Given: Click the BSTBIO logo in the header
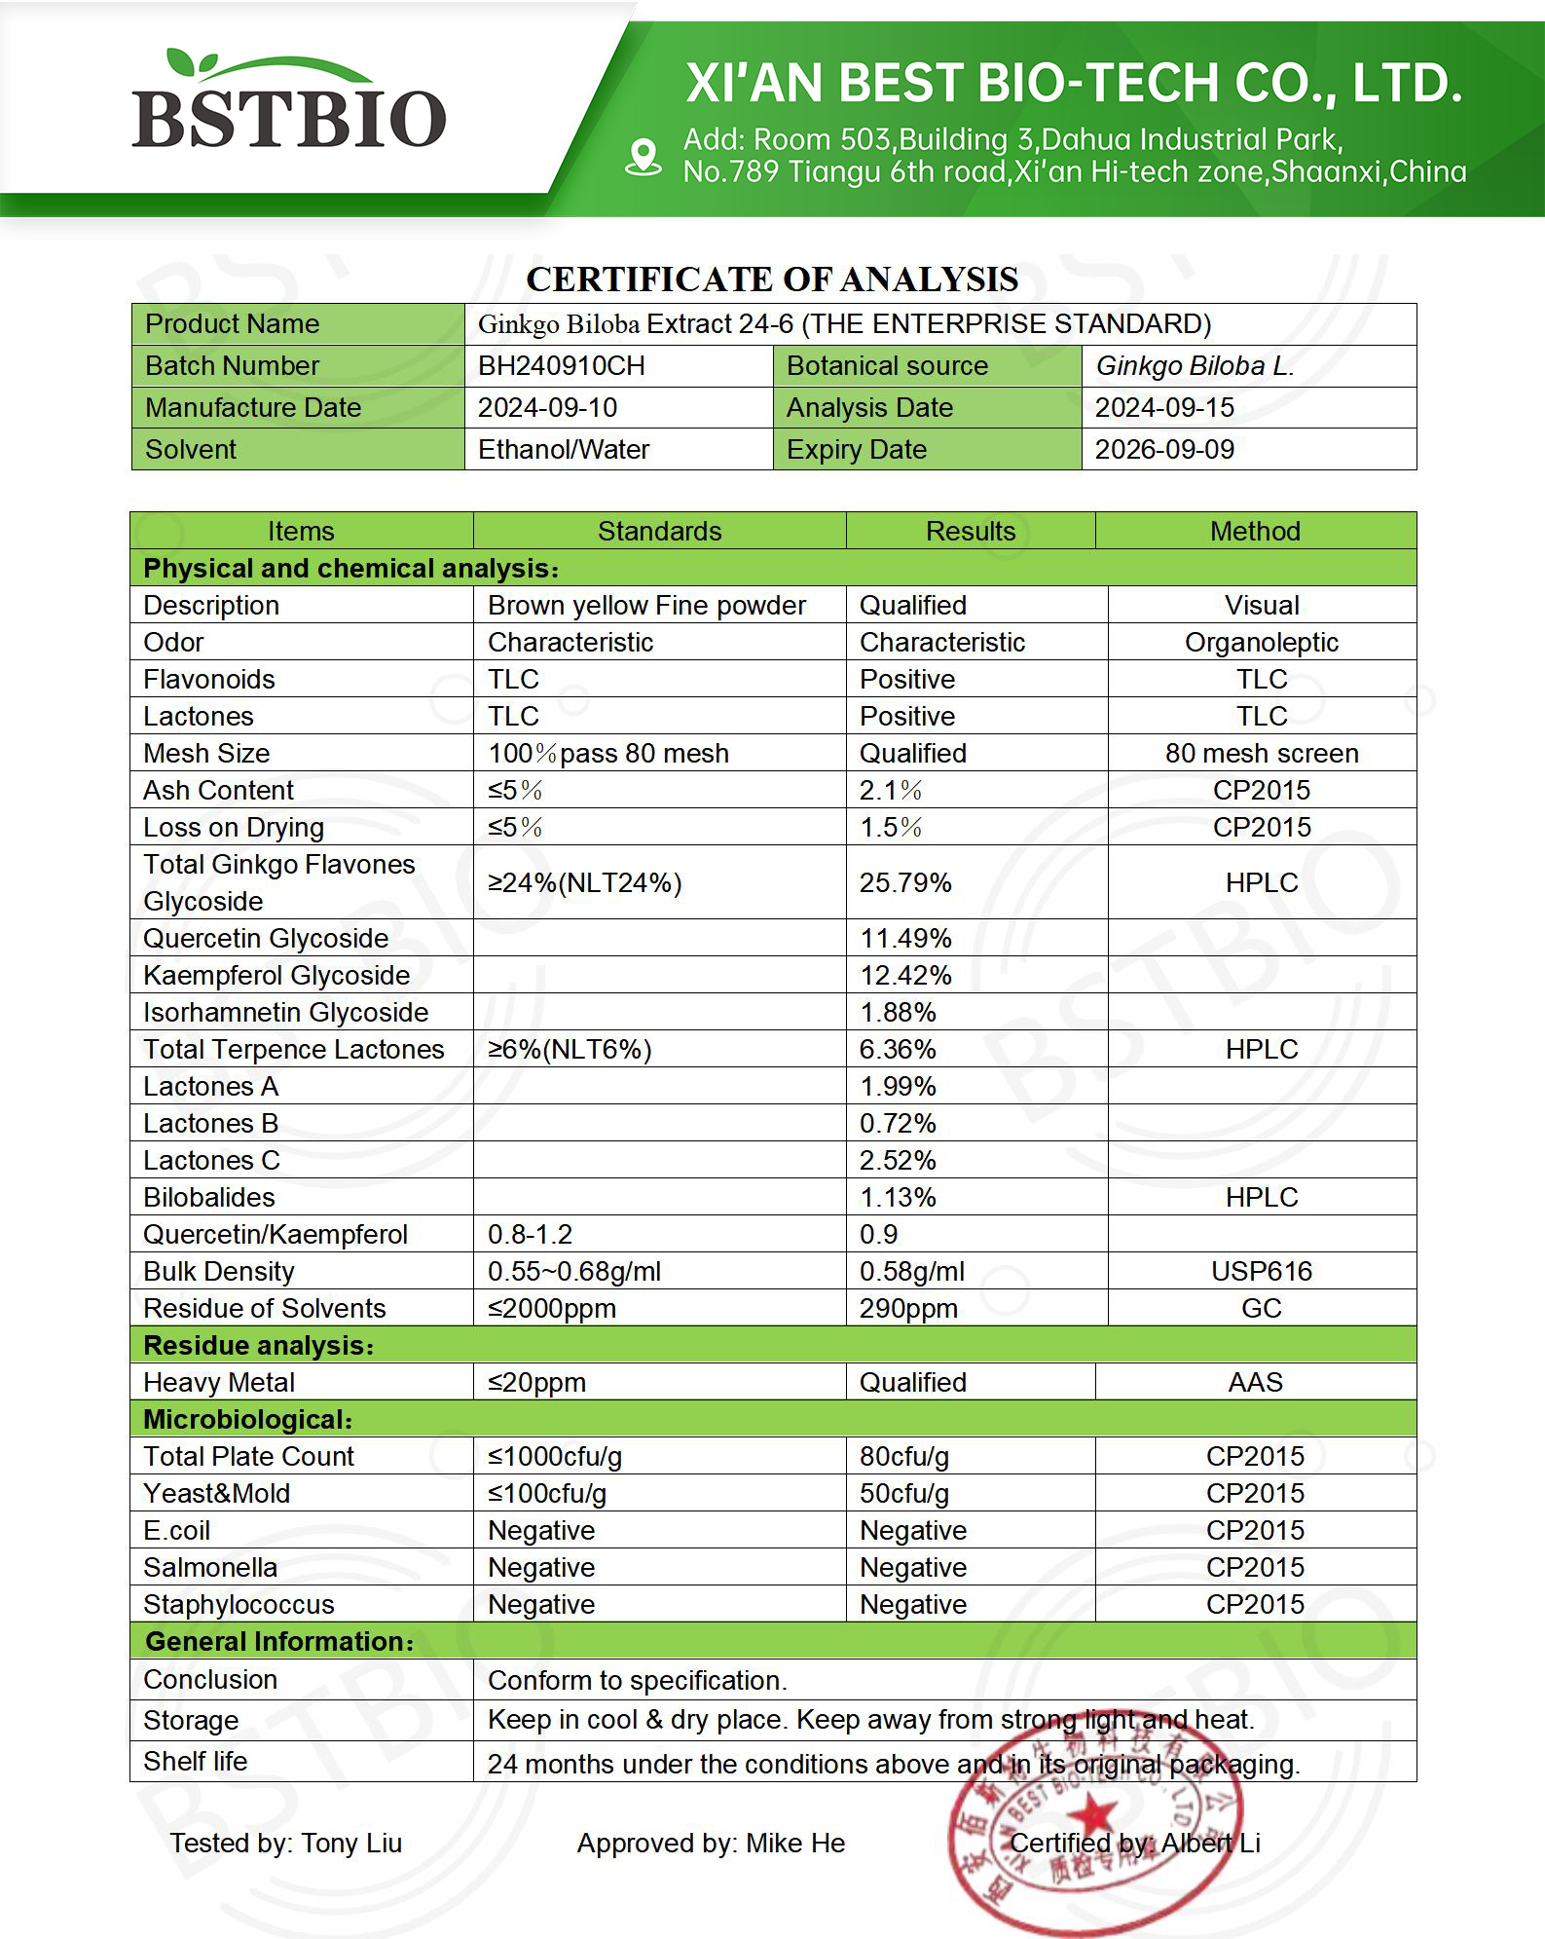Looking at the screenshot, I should tap(289, 102).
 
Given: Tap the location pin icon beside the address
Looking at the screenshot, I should tap(643, 157).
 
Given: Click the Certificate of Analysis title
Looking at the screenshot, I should tap(772, 280).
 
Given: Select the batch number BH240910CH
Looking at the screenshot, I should tap(561, 366).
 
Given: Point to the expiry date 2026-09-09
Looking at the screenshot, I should tap(1164, 450).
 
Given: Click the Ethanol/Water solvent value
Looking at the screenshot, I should tap(563, 450).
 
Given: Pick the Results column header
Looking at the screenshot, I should tap(970, 531).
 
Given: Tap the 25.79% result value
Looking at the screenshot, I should tap(905, 882).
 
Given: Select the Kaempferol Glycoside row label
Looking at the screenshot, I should tap(276, 975).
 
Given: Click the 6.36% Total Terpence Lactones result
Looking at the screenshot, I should tap(898, 1049).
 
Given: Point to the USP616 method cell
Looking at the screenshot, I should tap(1261, 1271).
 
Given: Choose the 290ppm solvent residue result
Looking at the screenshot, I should tap(908, 1308).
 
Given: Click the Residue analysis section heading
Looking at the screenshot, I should tap(258, 1345).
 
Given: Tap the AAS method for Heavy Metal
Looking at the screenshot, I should tap(1255, 1382).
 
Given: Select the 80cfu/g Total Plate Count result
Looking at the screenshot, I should tap(903, 1456).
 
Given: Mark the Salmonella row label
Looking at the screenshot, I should tap(210, 1567).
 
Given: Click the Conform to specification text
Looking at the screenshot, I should tap(637, 1680).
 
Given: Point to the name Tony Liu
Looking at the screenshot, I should tap(351, 1843).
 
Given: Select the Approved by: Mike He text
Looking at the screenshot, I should tap(711, 1843).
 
